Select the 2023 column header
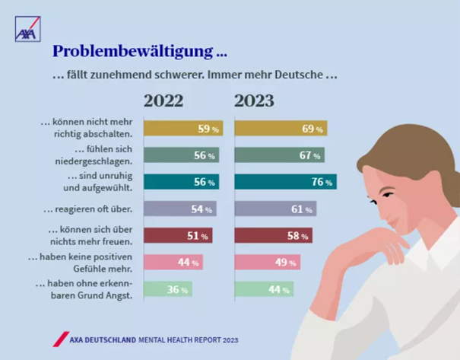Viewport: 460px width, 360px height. [x=254, y=101]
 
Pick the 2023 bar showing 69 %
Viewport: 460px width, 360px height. [x=281, y=129]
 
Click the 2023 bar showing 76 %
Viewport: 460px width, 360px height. [x=285, y=182]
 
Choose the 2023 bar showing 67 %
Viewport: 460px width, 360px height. [x=279, y=155]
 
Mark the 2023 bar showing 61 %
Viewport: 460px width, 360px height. [x=275, y=209]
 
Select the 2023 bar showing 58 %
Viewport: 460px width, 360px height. [x=273, y=235]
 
